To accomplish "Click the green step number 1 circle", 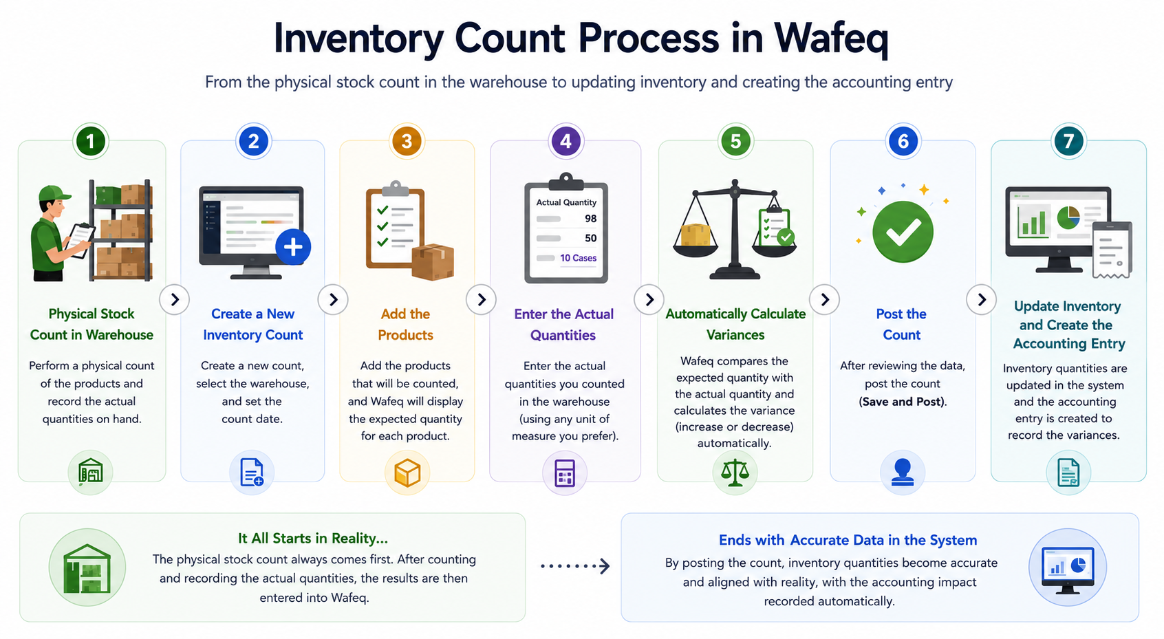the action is pyautogui.click(x=90, y=141).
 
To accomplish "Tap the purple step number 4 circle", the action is pyautogui.click(x=566, y=141).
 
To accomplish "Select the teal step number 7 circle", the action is pyautogui.click(x=1068, y=141).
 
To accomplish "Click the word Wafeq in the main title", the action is pyautogui.click(x=831, y=39).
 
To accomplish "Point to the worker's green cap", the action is pyautogui.click(x=54, y=193).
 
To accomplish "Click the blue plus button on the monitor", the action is pyautogui.click(x=293, y=247).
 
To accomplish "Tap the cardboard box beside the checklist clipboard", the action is pyautogui.click(x=433, y=261).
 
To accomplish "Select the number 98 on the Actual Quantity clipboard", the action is pyautogui.click(x=590, y=219).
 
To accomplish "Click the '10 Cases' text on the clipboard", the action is pyautogui.click(x=579, y=258).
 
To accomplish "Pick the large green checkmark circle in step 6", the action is pyautogui.click(x=903, y=232).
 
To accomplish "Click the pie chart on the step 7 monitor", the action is pyautogui.click(x=1068, y=217).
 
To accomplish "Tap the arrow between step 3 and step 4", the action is pyautogui.click(x=481, y=299).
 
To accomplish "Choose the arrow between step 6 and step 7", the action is pyautogui.click(x=981, y=299).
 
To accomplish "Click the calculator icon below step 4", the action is pyautogui.click(x=565, y=473).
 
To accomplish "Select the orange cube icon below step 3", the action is pyautogui.click(x=407, y=473).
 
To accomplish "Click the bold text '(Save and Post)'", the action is pyautogui.click(x=903, y=402).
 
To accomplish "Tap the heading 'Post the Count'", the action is pyautogui.click(x=902, y=324).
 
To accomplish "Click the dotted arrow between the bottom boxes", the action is pyautogui.click(x=574, y=566).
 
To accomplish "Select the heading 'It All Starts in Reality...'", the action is pyautogui.click(x=313, y=538).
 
